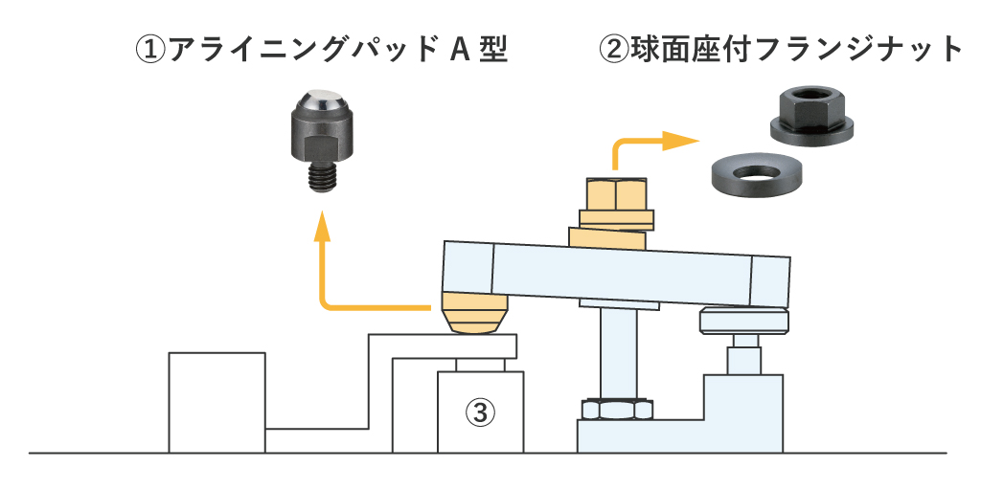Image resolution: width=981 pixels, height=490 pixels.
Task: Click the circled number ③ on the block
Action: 481,412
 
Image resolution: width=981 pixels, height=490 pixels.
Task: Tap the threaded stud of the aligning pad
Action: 318,177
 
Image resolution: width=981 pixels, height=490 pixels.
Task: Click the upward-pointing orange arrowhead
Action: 322,227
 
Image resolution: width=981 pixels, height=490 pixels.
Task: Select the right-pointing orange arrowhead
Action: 682,142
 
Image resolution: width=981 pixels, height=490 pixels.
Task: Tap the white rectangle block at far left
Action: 217,402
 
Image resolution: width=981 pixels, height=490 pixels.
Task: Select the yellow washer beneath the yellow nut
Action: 614,234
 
